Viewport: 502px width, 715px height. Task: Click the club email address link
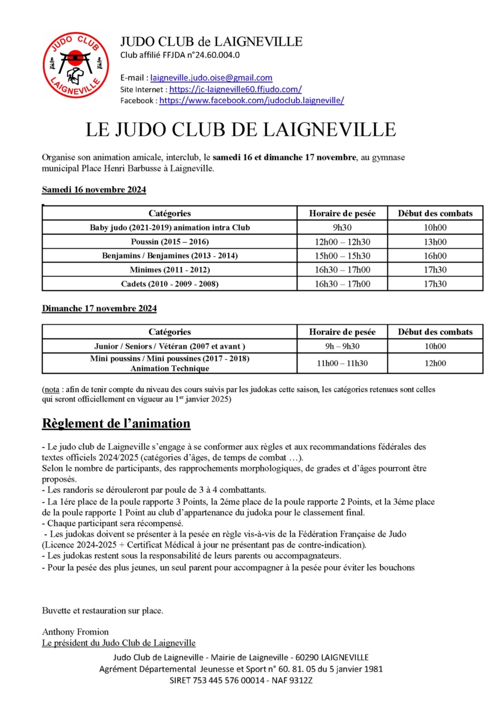pos(211,77)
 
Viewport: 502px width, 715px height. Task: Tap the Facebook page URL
pos(251,101)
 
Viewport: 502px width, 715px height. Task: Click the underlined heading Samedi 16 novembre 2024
pos(94,189)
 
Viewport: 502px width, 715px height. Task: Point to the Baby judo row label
pos(170,227)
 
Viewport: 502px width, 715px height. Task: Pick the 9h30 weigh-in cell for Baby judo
pos(342,227)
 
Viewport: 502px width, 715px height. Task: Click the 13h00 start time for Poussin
pos(435,241)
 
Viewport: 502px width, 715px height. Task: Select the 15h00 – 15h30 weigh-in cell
pos(342,256)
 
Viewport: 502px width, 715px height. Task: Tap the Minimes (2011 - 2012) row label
pos(170,270)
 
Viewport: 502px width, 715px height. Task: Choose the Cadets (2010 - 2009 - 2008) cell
pos(170,284)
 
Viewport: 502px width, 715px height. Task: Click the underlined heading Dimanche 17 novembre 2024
pos(99,309)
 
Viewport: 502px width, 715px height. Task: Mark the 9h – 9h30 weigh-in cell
pos(342,346)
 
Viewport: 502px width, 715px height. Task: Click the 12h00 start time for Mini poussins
pos(435,363)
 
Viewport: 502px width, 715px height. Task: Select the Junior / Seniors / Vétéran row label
pos(170,346)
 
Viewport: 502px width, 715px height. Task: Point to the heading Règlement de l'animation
pos(116,424)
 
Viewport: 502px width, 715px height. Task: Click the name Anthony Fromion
pos(75,631)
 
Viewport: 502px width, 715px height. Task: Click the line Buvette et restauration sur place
pos(103,611)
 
